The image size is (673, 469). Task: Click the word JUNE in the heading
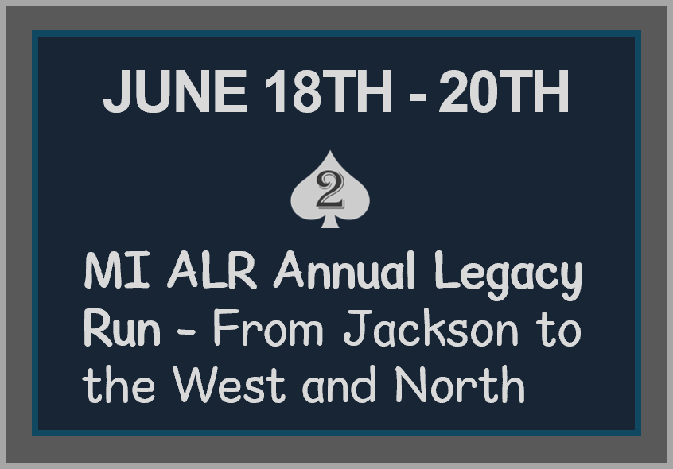(x=175, y=91)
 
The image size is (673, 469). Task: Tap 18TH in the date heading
(x=328, y=91)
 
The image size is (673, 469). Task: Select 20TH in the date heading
(x=504, y=91)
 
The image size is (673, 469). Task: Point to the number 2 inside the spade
(x=330, y=191)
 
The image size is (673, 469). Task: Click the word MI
(x=117, y=271)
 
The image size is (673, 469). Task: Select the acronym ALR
(x=212, y=271)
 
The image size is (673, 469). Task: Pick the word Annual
(x=344, y=271)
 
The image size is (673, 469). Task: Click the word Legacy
(x=508, y=275)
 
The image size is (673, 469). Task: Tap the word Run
(x=122, y=328)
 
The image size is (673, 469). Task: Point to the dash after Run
(x=186, y=331)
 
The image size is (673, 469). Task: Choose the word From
(x=267, y=328)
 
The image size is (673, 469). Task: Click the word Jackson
(x=431, y=328)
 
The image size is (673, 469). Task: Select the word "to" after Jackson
(x=560, y=330)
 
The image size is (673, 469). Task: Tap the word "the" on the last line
(x=119, y=384)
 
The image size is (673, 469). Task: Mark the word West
(x=229, y=384)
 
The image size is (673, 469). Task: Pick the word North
(x=460, y=384)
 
